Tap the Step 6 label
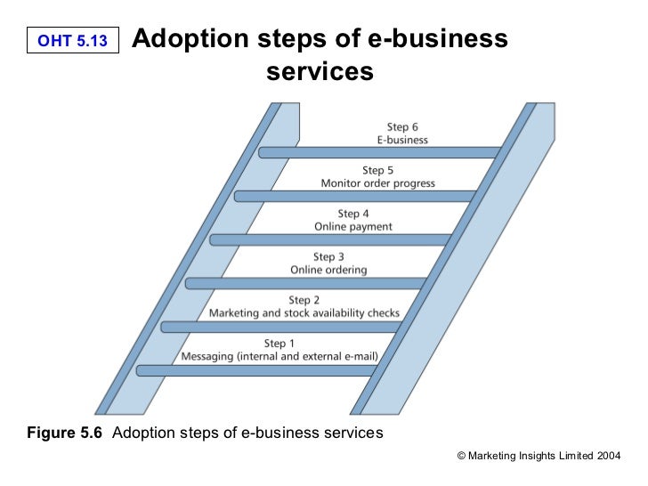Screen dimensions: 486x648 402,126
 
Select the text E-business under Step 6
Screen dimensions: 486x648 402,140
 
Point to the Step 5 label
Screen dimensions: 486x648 377,170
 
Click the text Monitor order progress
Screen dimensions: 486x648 377,183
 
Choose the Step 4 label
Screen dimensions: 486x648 352,214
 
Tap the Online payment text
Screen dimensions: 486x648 353,227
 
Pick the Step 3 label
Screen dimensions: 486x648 328,257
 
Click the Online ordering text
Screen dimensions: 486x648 328,270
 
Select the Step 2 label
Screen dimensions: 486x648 304,300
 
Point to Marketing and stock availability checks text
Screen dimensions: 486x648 304,313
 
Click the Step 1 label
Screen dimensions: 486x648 279,344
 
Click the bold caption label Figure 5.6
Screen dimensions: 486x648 65,433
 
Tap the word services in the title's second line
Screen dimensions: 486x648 319,71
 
